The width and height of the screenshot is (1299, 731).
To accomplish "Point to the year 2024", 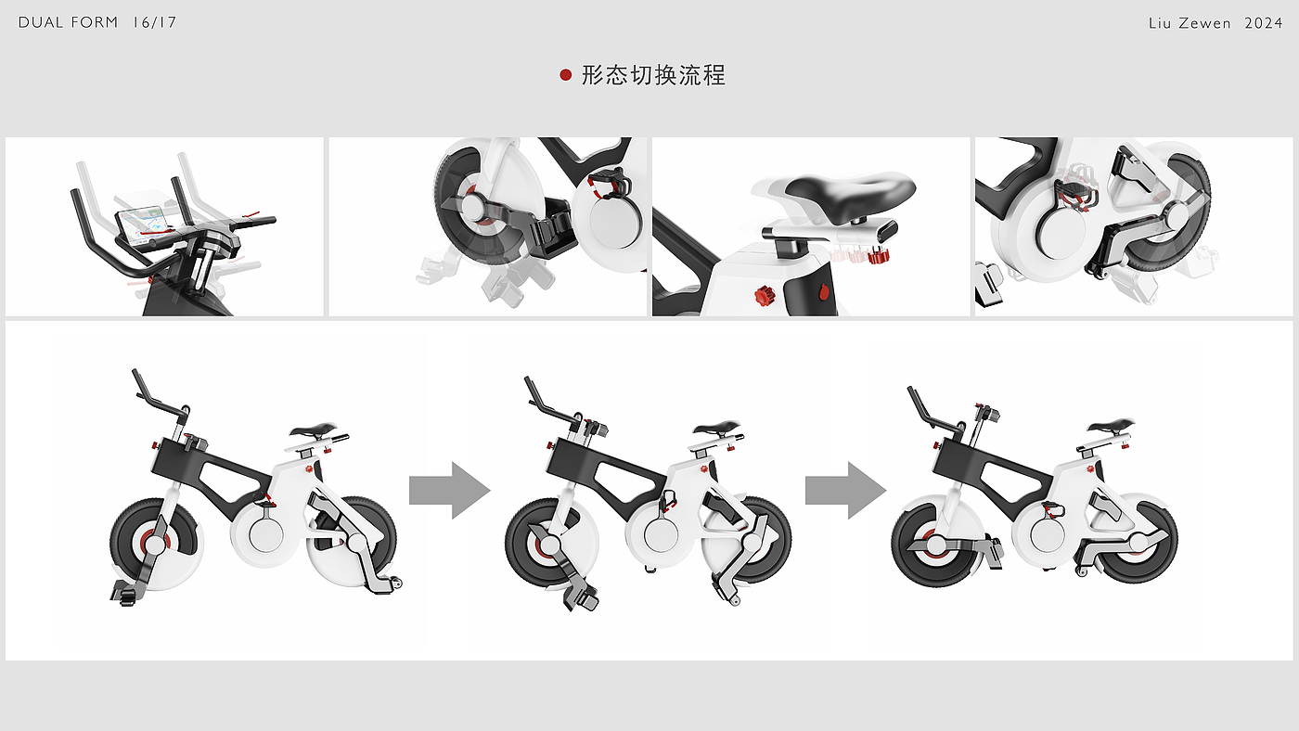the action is [x=1263, y=22].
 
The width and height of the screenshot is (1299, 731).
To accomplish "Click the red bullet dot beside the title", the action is [x=566, y=75].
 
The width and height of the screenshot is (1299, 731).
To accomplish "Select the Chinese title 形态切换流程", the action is [x=653, y=75].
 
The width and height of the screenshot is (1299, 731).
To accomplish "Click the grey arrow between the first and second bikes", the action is [x=449, y=489].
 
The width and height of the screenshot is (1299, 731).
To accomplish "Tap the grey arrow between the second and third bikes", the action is [x=844, y=489].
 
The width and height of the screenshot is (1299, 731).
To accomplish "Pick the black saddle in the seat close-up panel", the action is [x=849, y=190].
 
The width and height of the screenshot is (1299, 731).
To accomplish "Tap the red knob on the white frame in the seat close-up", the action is [x=764, y=296].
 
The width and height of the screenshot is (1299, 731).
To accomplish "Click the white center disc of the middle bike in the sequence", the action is [x=662, y=535].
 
